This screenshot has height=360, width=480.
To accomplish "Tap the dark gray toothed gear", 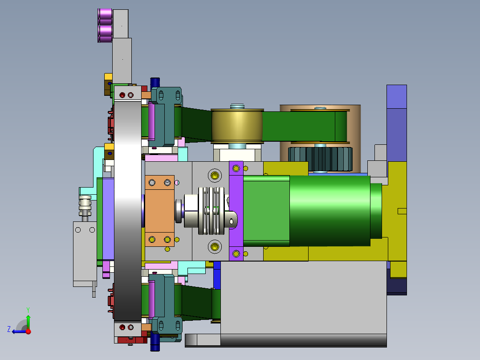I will (x=321, y=159).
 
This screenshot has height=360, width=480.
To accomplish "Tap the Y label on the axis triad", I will (x=28, y=309).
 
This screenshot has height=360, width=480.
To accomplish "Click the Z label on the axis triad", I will (x=9, y=329).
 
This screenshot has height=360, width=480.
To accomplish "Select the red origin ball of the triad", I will (x=28, y=331).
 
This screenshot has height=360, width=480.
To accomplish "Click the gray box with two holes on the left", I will (x=85, y=252).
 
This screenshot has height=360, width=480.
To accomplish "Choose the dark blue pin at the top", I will (x=155, y=82).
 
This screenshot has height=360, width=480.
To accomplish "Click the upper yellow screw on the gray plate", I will (x=215, y=175).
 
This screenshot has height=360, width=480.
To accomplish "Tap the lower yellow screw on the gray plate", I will (x=215, y=246).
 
